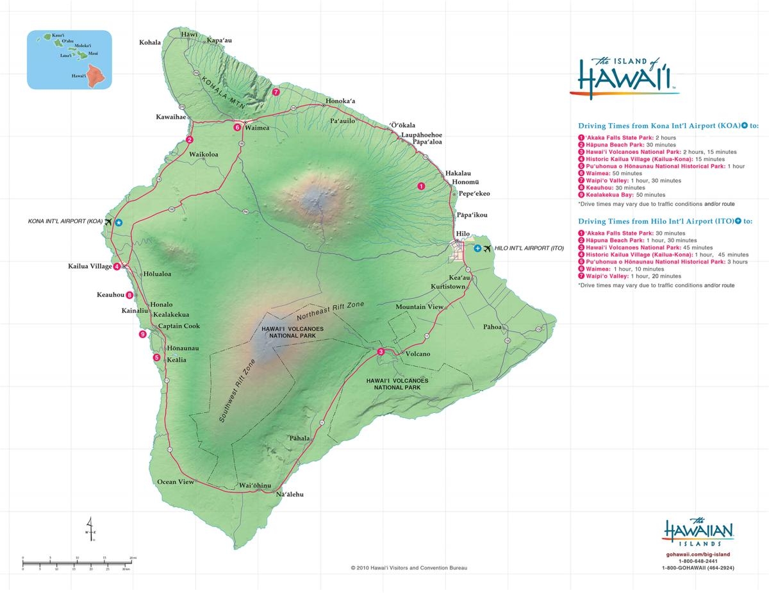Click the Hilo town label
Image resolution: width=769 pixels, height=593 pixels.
coord(462,234)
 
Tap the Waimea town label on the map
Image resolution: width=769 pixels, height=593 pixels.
coord(256,128)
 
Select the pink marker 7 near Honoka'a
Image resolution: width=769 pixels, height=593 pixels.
coord(276,92)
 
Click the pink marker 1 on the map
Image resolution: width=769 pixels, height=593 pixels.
coord(421,186)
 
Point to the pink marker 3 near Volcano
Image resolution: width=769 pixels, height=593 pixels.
coord(381,351)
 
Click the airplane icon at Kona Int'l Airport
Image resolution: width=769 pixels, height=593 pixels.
coord(108,222)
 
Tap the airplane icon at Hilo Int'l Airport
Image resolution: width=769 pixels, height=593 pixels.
coord(488,247)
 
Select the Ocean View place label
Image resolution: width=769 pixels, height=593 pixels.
coord(175,481)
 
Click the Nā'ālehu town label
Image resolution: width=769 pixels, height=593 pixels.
coord(289,494)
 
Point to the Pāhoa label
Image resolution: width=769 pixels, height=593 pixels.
coord(492,327)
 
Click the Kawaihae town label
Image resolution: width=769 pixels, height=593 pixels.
coord(171,117)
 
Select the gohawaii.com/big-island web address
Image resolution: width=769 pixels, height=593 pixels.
coord(698,553)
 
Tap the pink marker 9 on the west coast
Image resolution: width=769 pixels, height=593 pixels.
coord(142,334)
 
